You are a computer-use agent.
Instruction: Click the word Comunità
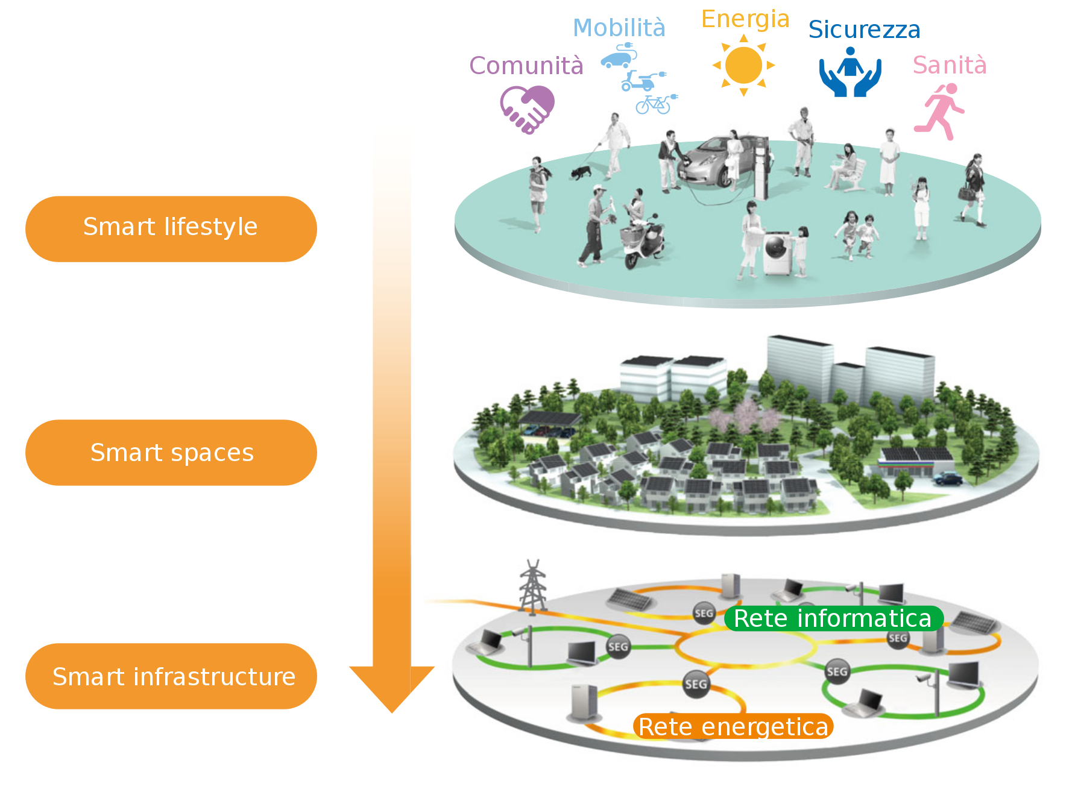tap(526, 66)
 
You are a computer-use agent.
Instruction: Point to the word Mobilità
tap(619, 28)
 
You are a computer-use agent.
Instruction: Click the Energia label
tap(745, 19)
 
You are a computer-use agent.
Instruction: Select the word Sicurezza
tap(864, 30)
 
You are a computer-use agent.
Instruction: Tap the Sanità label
tap(950, 65)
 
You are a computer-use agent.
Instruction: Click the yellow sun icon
tap(743, 66)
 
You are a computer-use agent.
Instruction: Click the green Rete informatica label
tap(833, 618)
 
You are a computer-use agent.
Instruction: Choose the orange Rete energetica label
tap(733, 726)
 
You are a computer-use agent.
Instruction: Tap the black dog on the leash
tap(581, 172)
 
